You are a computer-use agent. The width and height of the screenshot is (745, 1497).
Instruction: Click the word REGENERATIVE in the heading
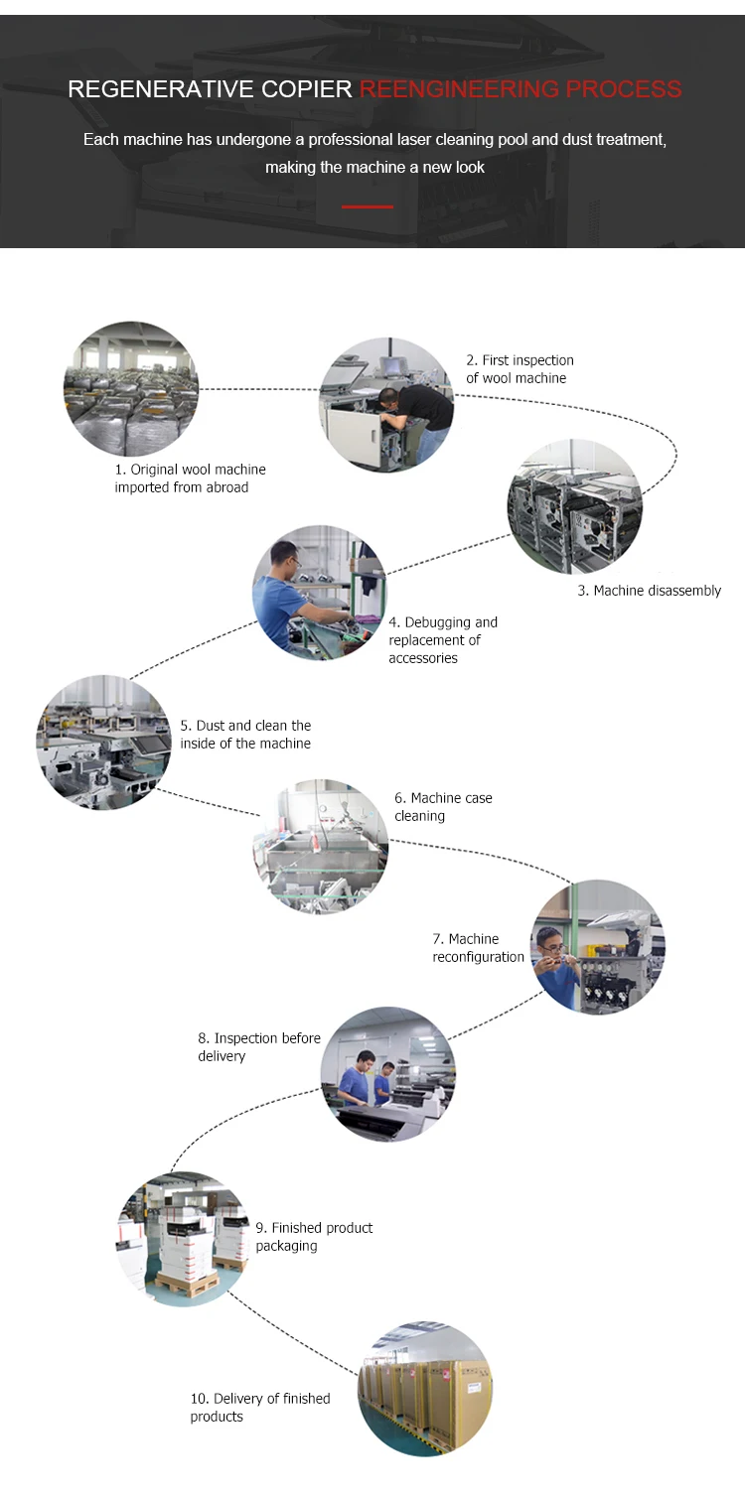point(161,89)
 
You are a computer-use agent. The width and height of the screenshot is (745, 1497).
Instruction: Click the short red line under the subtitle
point(368,206)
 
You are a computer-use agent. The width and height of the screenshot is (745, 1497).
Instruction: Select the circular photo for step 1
point(131,389)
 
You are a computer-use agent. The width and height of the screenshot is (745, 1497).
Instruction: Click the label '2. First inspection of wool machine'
point(520,369)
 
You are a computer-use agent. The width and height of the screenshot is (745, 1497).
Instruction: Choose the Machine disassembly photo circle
point(575,506)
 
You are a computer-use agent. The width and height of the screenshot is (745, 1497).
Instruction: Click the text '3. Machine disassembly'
point(650,591)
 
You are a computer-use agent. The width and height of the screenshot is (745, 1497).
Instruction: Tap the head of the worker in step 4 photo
point(285,557)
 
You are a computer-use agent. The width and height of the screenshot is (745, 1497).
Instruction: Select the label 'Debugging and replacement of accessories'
point(443,640)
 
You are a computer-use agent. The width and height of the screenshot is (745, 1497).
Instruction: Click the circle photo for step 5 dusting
point(103,743)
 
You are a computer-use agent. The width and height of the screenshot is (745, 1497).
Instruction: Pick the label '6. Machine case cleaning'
point(443,807)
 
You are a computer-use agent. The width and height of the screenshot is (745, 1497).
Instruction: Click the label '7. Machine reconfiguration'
point(478,948)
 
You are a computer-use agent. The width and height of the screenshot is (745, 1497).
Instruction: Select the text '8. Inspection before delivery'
point(259,1046)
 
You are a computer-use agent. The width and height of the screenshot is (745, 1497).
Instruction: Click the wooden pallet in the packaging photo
point(187,1284)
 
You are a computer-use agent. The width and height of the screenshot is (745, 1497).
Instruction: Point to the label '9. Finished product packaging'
point(314,1236)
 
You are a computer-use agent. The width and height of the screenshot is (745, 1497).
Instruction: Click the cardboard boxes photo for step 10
point(425,1390)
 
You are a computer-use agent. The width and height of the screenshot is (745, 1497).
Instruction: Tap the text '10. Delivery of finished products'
point(260,1408)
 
